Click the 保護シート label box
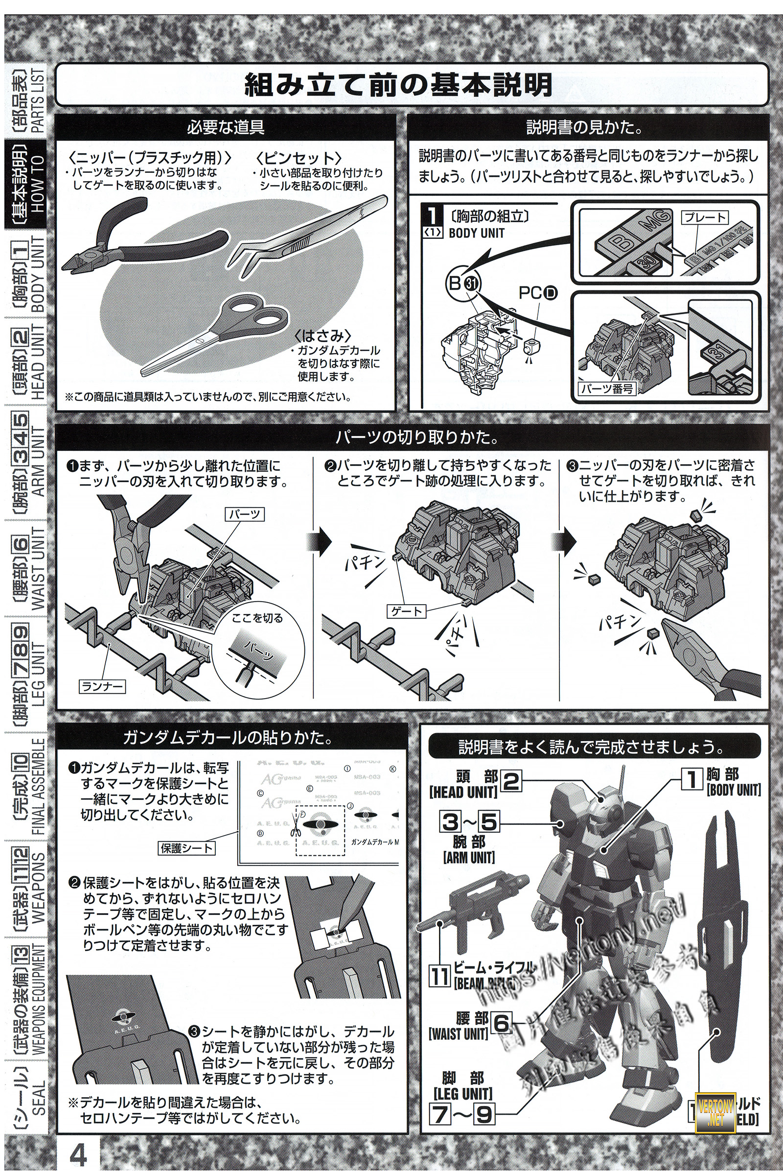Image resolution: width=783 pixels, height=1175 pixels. click(186, 848)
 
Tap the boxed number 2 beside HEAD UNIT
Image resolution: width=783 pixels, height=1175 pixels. click(510, 782)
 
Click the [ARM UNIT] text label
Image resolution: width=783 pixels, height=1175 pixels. click(468, 858)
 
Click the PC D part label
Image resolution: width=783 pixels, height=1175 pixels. click(537, 293)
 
